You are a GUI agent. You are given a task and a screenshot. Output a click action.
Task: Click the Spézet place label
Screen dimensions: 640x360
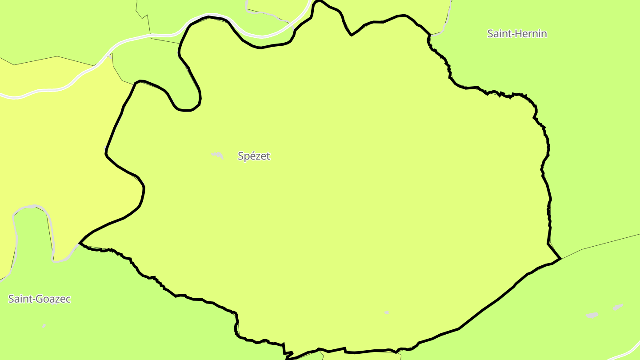click(x=254, y=156)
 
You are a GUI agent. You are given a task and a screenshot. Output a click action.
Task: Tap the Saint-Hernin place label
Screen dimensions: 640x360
click(x=517, y=34)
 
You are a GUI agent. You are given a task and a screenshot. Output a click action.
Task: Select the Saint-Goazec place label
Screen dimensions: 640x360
click(x=40, y=299)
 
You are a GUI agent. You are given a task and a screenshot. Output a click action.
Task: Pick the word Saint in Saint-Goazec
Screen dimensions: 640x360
click(x=18, y=299)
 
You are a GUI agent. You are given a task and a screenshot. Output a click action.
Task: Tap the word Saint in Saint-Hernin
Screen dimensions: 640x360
click(x=498, y=34)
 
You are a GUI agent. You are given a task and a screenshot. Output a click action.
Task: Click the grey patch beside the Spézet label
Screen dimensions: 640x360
click(x=217, y=155)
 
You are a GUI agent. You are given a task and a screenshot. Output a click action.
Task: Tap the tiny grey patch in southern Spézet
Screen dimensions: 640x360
click(x=387, y=313)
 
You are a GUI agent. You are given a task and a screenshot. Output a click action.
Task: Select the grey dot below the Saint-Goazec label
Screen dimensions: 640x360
click(x=44, y=326)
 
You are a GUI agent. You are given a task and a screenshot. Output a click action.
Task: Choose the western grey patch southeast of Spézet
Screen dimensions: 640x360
click(x=592, y=315)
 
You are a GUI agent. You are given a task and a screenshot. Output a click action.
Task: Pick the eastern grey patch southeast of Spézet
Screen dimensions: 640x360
click(x=618, y=307)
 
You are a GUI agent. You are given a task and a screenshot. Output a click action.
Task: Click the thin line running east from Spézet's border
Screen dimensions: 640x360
click(x=600, y=245)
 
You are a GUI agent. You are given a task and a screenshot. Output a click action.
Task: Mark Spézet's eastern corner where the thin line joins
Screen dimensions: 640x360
click(x=561, y=258)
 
